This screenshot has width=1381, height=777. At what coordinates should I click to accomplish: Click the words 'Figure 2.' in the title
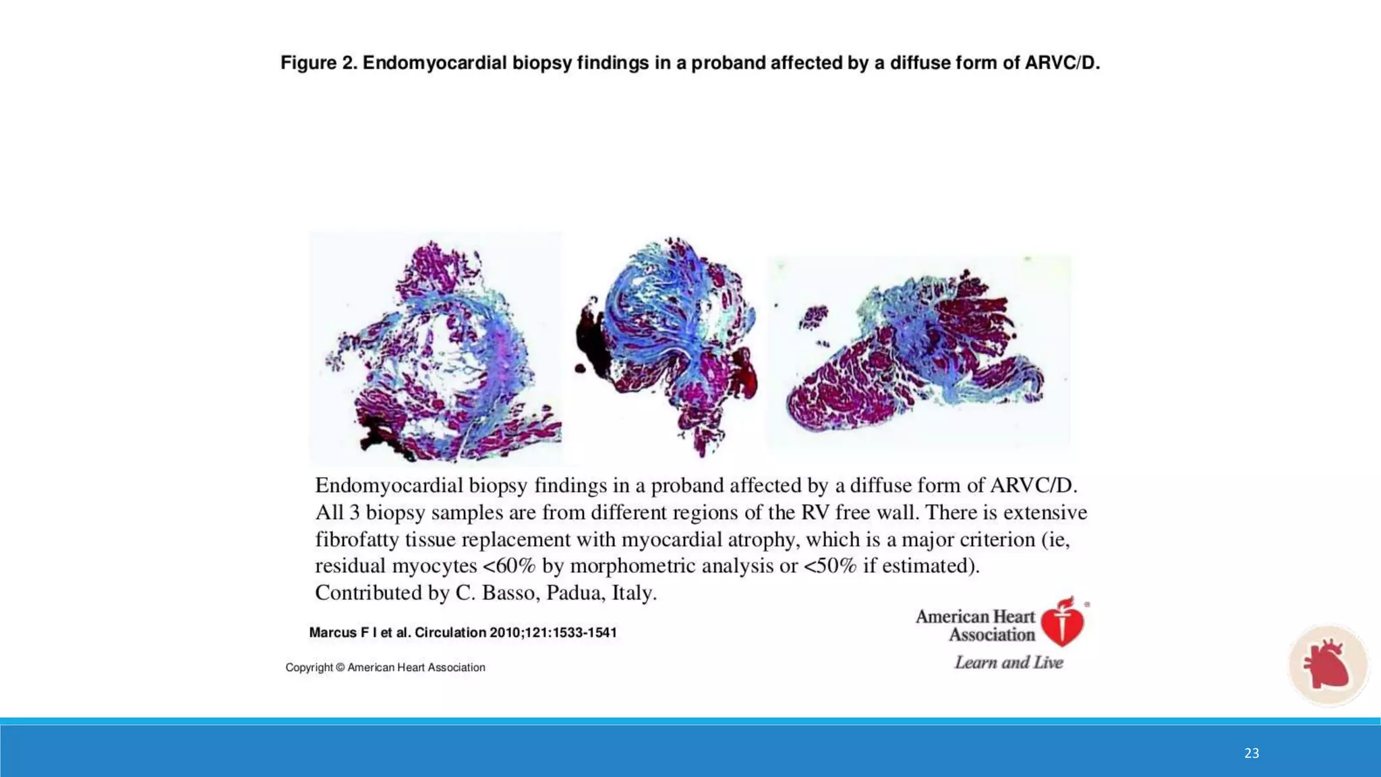pyautogui.click(x=318, y=63)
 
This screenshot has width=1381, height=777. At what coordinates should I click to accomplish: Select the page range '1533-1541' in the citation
pyautogui.click(x=584, y=633)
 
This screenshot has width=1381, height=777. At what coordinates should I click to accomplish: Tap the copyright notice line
pyautogui.click(x=385, y=668)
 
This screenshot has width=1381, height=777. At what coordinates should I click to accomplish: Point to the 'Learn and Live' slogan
pyautogui.click(x=1008, y=663)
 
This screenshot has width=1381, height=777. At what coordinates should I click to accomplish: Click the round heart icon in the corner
pyautogui.click(x=1327, y=665)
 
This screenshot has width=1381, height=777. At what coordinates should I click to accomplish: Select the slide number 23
pyautogui.click(x=1252, y=753)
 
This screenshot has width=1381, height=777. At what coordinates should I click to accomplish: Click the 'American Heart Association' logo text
pyautogui.click(x=975, y=625)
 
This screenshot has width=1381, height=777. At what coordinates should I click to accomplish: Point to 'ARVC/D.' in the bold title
pyautogui.click(x=1062, y=63)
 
